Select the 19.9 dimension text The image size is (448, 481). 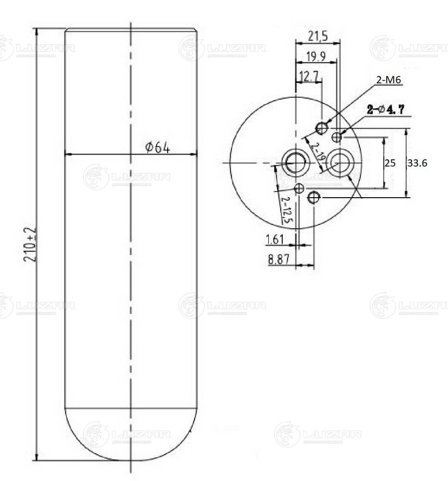[315, 57]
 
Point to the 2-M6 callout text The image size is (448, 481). [388, 80]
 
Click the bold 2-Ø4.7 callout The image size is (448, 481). [385, 110]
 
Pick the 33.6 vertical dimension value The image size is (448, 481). [417, 163]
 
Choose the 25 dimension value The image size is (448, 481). [390, 163]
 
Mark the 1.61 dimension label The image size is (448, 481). [275, 239]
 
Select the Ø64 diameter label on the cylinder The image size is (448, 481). [158, 147]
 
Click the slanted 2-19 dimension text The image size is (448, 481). [318, 152]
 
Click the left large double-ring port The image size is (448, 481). [295, 163]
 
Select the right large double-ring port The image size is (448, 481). [341, 163]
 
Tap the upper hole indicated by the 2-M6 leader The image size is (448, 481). [322, 128]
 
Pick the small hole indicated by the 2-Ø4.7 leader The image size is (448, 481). [337, 138]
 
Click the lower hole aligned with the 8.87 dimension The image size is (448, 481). [314, 197]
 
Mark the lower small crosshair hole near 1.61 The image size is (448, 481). [299, 188]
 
